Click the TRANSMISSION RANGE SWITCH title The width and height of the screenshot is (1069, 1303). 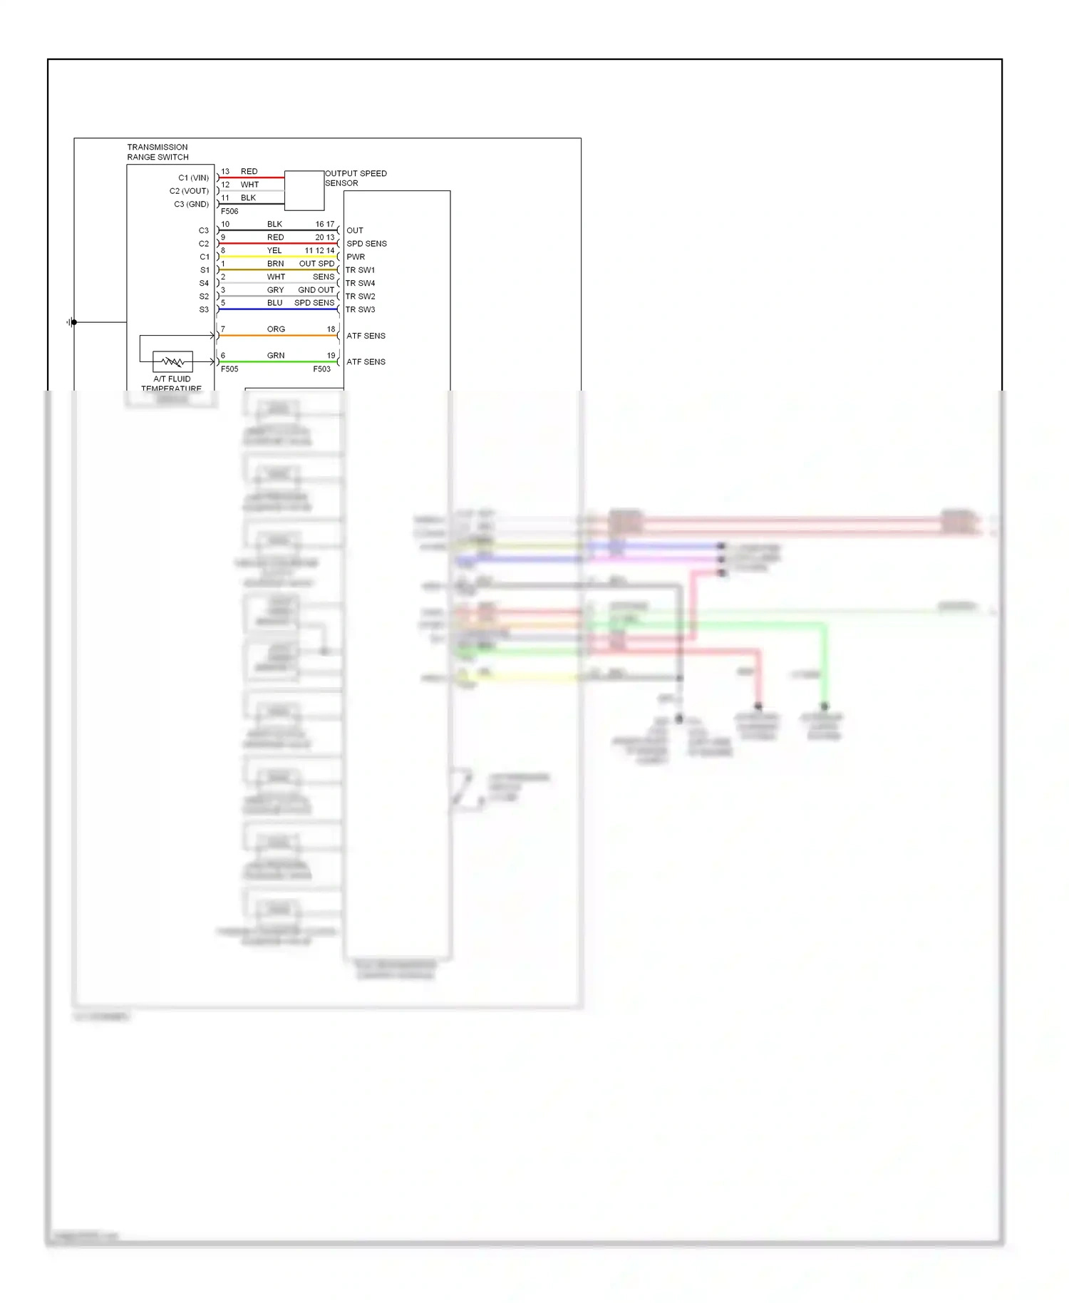tap(157, 152)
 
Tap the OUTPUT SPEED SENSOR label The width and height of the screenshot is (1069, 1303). tap(356, 178)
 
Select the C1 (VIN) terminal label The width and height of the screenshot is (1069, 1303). tap(193, 177)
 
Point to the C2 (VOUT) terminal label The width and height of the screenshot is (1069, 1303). tap(189, 191)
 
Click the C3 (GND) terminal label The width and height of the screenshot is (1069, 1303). tap(191, 204)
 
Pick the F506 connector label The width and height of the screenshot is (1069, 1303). tap(229, 212)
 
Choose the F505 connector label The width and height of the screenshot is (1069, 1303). tap(229, 369)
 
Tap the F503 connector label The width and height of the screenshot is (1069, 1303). tap(321, 369)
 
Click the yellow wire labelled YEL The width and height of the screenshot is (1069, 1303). tap(278, 257)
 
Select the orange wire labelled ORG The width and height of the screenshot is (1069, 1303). tap(278, 335)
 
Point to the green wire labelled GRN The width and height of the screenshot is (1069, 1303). tap(278, 361)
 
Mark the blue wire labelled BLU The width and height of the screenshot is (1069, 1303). tap(278, 309)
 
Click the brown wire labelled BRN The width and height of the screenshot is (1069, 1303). tap(278, 269)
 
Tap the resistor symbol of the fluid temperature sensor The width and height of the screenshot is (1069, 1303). tap(172, 361)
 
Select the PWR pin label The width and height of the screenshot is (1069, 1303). tap(356, 257)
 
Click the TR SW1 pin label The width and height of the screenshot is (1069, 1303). tap(360, 270)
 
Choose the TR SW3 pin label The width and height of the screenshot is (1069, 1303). tap(360, 309)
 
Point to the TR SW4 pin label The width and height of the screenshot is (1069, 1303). tap(360, 283)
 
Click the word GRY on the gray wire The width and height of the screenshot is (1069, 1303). tap(275, 290)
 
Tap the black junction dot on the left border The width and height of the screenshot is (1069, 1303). tap(74, 322)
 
